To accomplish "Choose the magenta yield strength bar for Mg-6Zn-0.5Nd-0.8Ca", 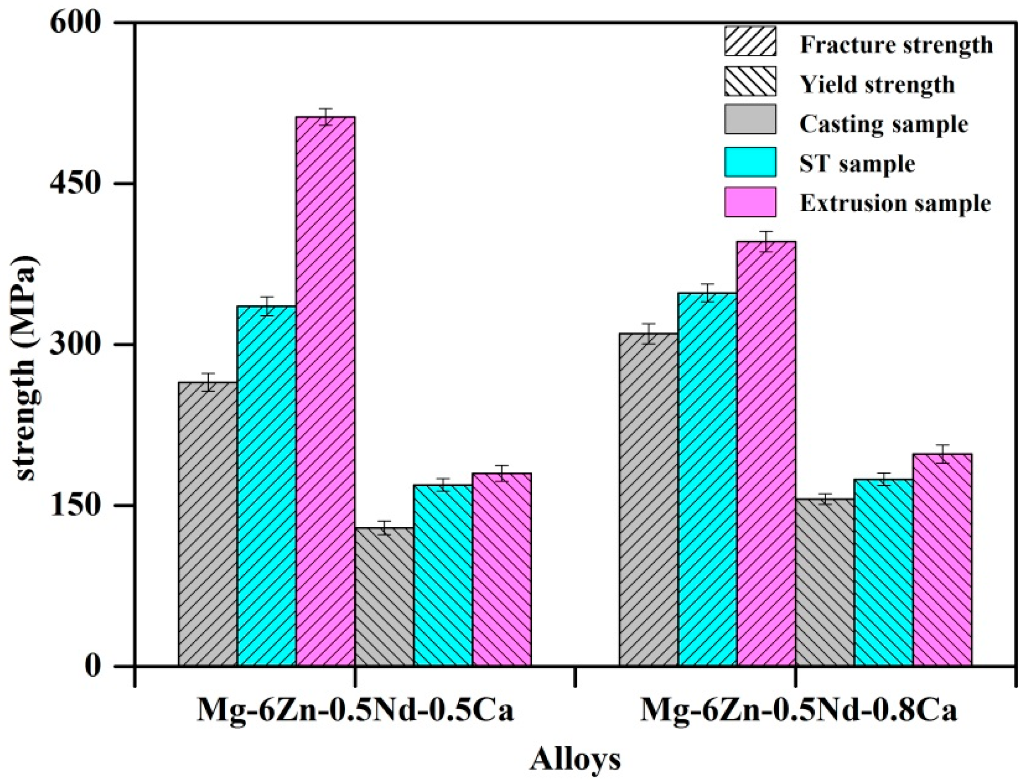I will click(x=941, y=559).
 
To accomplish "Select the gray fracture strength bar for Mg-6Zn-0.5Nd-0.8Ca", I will click(x=648, y=499).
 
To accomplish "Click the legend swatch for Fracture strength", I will click(x=750, y=41).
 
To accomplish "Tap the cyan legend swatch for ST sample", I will click(x=750, y=162).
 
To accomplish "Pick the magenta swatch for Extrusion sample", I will click(x=750, y=202).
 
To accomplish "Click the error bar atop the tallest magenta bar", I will click(x=326, y=117).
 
